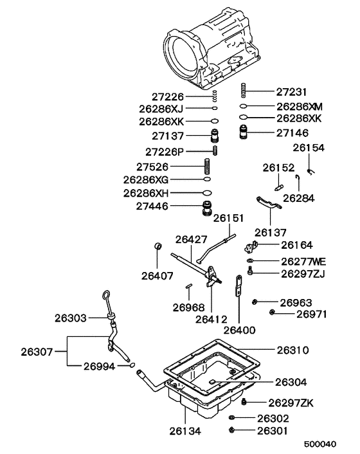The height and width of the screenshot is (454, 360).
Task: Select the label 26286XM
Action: click(299, 105)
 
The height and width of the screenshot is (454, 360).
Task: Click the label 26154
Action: click(309, 147)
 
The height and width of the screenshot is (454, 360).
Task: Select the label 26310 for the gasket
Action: click(293, 350)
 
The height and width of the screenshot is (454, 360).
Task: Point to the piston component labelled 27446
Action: click(208, 209)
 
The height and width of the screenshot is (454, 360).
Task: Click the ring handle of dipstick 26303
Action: click(105, 298)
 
